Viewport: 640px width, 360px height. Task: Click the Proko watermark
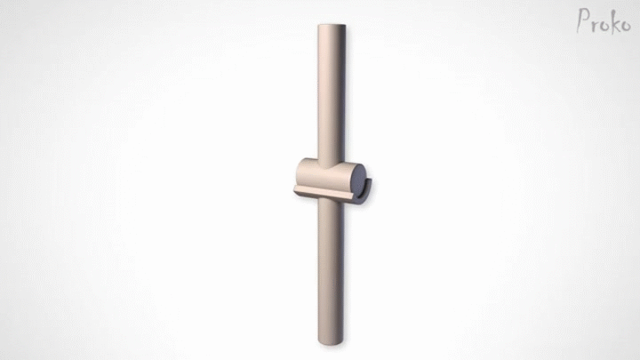coord(604,21)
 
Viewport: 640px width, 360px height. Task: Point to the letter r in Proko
coord(596,25)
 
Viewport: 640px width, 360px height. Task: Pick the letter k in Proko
coord(615,23)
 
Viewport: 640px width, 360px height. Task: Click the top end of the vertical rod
coord(332,25)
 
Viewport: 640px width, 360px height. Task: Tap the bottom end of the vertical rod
coord(331,342)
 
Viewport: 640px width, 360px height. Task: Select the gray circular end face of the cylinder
coord(358,180)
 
